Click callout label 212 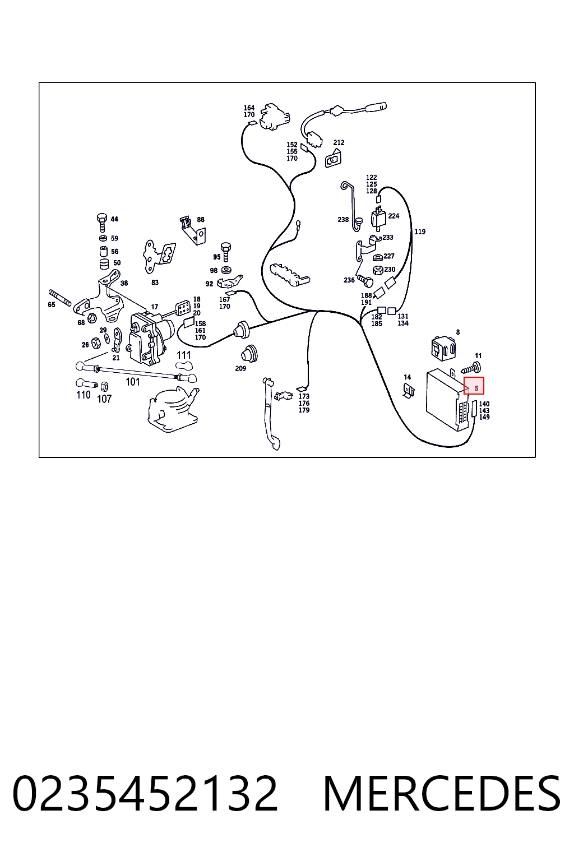339,142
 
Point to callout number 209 240,369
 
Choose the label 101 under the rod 133,382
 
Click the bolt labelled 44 102,223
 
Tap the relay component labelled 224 378,218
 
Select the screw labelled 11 471,369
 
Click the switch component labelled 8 443,349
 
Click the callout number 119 420,232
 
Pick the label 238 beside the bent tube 343,220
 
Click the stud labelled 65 59,298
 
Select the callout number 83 155,283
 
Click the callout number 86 201,220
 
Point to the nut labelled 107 104,386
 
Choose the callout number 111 184,355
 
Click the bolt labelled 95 226,251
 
